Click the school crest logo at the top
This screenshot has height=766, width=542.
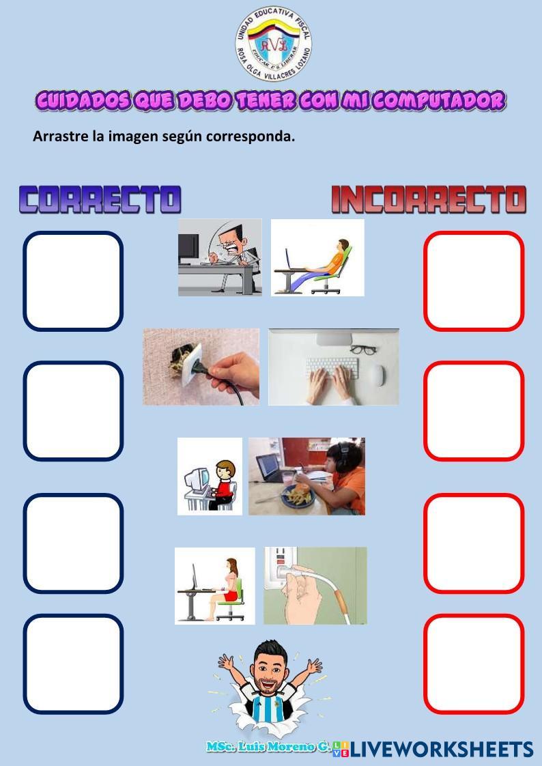coord(274,44)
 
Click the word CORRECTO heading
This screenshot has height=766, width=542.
coord(100,199)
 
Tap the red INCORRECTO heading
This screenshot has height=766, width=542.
coord(429,199)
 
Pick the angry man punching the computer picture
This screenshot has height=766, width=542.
coord(220,257)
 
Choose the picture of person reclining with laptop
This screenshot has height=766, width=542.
coord(317,257)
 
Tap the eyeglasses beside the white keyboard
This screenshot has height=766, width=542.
coord(362,350)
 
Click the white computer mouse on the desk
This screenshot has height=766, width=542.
coord(376,375)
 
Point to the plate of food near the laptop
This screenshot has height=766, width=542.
coord(298,496)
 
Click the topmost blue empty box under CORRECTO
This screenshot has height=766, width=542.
coord(73,281)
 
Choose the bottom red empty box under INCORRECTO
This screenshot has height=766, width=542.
coord(474,664)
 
